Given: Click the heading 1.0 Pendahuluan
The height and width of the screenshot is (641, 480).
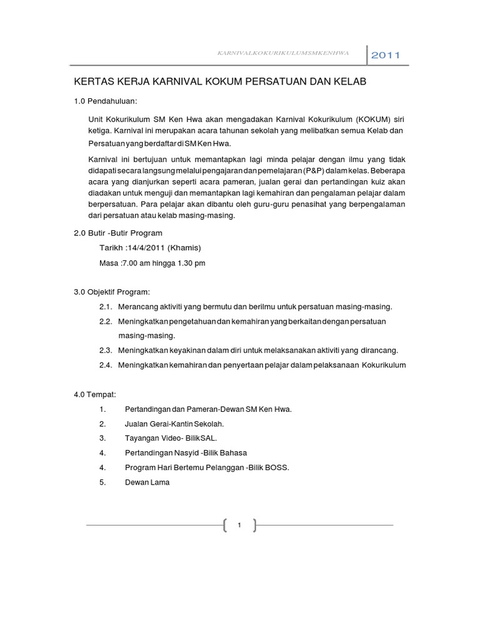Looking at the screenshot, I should pyautogui.click(x=106, y=101).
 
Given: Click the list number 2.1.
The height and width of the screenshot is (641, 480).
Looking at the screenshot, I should pyautogui.click(x=105, y=307).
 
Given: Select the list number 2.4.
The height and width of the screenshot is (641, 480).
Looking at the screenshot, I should pyautogui.click(x=105, y=365).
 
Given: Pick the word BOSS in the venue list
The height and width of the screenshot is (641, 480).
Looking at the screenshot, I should pyautogui.click(x=278, y=467).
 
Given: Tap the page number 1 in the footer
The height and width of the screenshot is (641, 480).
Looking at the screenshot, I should pyautogui.click(x=239, y=525).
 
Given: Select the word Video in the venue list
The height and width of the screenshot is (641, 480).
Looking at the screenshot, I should pyautogui.click(x=171, y=438).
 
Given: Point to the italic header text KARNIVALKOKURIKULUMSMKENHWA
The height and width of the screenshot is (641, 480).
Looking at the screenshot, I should pyautogui.click(x=291, y=54).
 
